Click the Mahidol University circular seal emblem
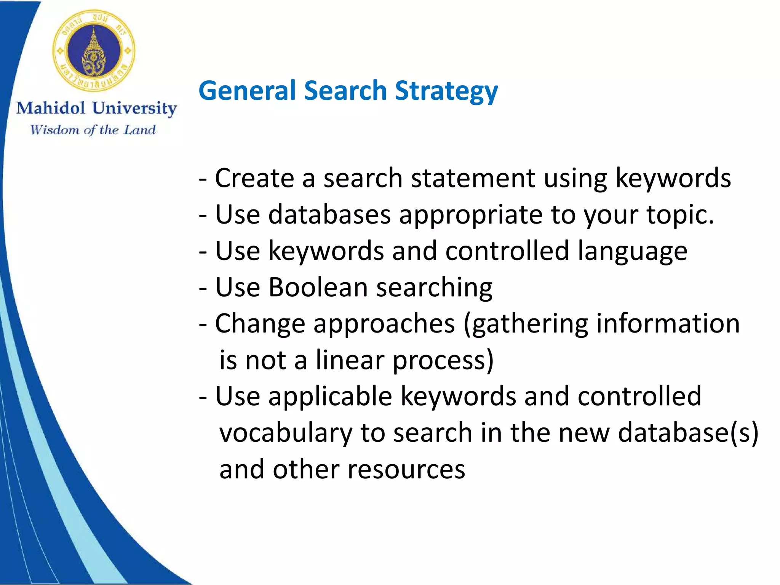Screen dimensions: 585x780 94,50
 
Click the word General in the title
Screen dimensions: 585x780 247,91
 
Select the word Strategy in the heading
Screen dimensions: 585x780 446,92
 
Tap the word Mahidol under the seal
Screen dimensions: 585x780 51,108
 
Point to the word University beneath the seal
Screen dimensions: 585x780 134,109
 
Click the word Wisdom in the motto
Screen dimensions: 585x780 55,130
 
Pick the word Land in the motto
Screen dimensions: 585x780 140,130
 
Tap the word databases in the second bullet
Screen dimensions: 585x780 329,214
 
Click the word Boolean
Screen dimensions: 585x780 318,287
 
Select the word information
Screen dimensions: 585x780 668,323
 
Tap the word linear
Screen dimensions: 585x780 350,360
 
